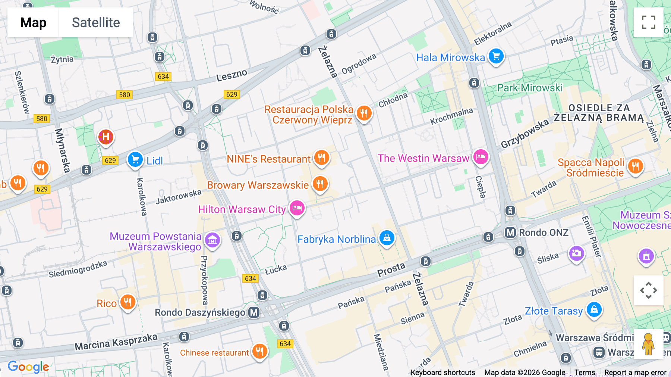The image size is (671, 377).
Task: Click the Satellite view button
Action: (x=96, y=22)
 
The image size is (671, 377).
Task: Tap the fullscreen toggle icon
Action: (x=648, y=22)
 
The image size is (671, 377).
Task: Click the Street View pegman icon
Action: (x=648, y=344)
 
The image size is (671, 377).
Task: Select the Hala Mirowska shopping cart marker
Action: (x=496, y=57)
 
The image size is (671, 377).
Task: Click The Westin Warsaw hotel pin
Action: (x=481, y=157)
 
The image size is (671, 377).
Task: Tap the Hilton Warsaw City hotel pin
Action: (x=297, y=208)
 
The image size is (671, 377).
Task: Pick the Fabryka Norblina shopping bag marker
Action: (x=387, y=238)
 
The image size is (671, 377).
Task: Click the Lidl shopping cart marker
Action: (x=135, y=160)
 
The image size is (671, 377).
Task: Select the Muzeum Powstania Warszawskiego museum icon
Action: (x=212, y=240)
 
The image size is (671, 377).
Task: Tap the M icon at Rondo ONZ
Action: (x=510, y=233)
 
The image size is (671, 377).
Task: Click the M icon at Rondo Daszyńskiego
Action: (x=254, y=312)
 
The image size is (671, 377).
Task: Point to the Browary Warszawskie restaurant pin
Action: (x=320, y=184)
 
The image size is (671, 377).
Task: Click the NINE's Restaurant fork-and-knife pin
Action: (x=321, y=158)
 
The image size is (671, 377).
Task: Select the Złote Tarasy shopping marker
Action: (x=594, y=309)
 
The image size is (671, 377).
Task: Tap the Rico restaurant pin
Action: (x=127, y=302)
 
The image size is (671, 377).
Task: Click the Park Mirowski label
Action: (x=530, y=88)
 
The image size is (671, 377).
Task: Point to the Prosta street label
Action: (x=391, y=269)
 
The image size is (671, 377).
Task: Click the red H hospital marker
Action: (x=106, y=137)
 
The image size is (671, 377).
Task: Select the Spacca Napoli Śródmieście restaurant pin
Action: (x=636, y=166)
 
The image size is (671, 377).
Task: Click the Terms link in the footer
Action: (x=585, y=373)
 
